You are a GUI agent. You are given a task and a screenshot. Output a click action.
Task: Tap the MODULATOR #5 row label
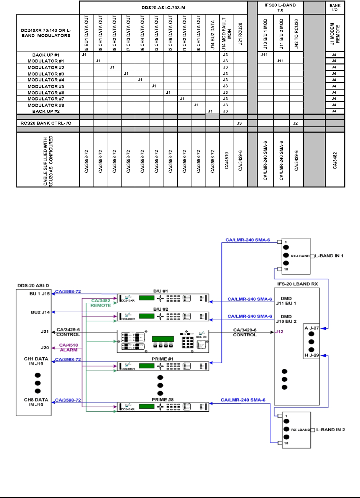click(x=48, y=86)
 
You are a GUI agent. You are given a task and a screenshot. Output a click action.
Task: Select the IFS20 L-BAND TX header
click(x=280, y=8)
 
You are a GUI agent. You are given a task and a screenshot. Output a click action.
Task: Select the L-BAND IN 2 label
click(x=331, y=430)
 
